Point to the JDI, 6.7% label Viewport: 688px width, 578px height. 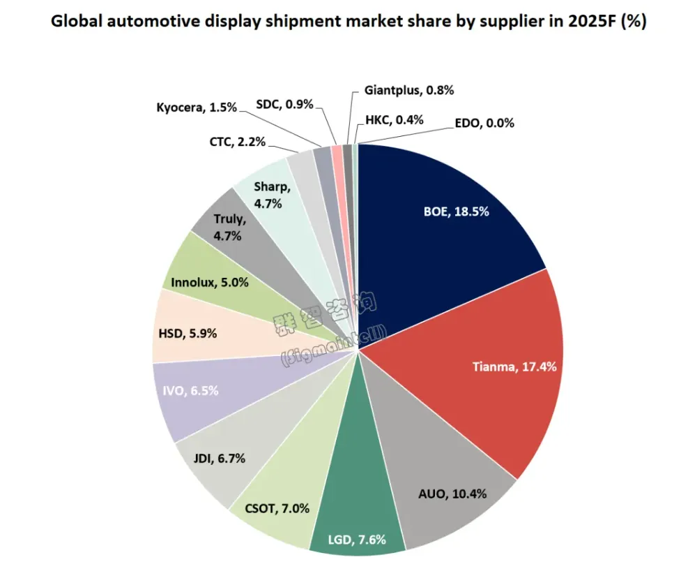click(219, 459)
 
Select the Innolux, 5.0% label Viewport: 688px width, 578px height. click(209, 283)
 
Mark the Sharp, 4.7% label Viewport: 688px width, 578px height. click(268, 195)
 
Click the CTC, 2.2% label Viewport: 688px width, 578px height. click(237, 142)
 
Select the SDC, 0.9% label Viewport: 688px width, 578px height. click(284, 104)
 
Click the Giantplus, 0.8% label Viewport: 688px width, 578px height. click(409, 89)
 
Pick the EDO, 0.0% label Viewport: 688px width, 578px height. click(483, 123)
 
